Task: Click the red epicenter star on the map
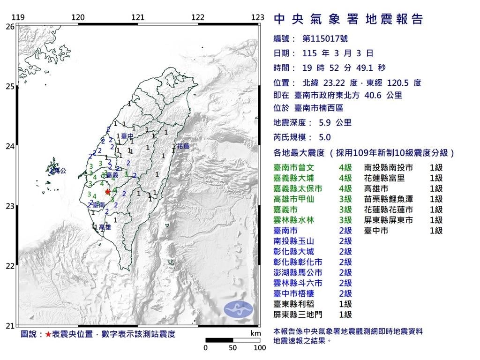point(107,191)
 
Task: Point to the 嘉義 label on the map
point(112,174)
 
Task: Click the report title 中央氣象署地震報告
point(348,19)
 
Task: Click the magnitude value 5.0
point(324,137)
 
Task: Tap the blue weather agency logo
point(238,308)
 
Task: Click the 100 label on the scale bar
point(259,348)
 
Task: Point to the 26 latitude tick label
point(10,27)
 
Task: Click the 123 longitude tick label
point(258,18)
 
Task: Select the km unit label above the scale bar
point(255,334)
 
